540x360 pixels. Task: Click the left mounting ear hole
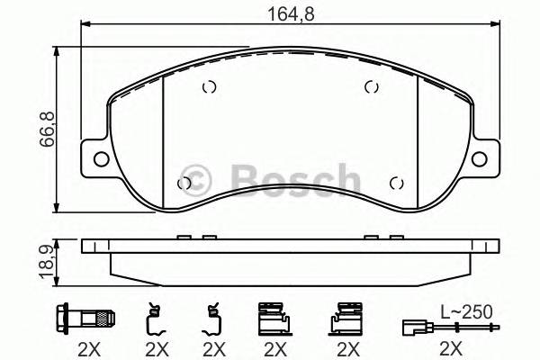[99, 160]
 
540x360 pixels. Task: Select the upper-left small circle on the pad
[209, 87]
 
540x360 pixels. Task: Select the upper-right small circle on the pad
[369, 86]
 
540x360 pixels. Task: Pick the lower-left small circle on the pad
[184, 183]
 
